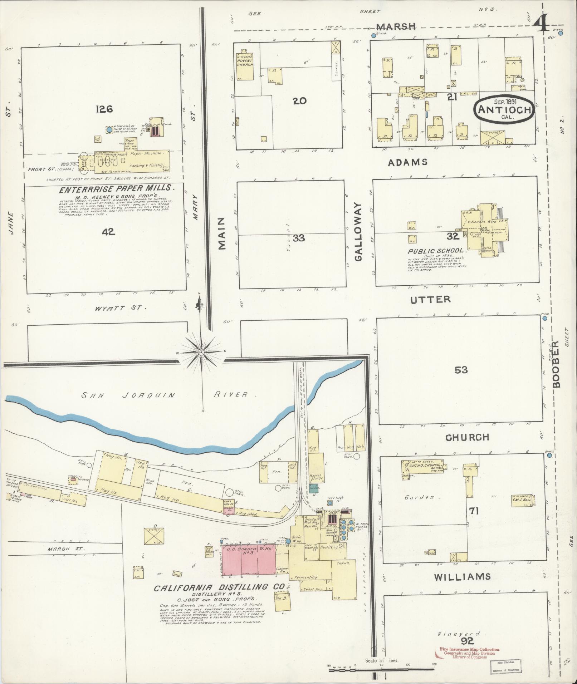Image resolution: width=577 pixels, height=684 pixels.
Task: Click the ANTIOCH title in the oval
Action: [x=504, y=109]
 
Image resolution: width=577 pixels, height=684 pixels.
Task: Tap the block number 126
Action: [x=104, y=109]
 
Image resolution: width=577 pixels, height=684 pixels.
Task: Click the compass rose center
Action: [x=201, y=352]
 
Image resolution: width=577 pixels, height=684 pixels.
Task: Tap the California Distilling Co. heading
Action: [x=219, y=587]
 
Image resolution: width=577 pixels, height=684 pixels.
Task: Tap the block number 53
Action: [x=461, y=370]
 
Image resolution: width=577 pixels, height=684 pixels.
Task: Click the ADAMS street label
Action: [x=408, y=162]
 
